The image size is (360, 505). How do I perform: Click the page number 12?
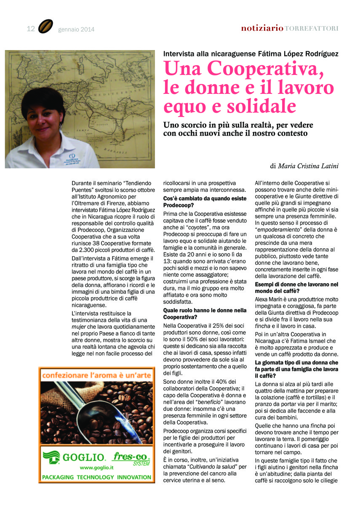(x=30, y=29)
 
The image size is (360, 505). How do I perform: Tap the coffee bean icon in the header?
(x=45, y=27)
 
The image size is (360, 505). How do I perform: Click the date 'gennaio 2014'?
(x=76, y=29)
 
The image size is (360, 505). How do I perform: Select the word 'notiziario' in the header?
(x=262, y=28)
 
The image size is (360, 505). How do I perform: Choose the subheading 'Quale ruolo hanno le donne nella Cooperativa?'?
(x=205, y=314)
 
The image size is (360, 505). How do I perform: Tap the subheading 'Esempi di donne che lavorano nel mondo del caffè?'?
(x=297, y=288)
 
